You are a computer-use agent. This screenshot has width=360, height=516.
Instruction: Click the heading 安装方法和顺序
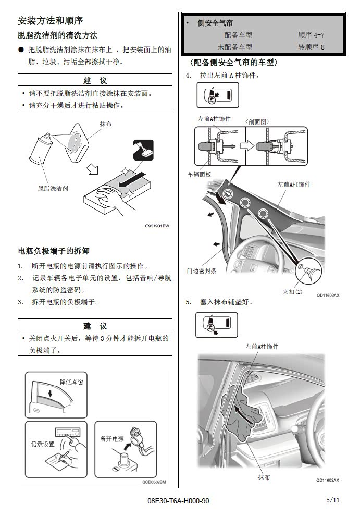(51, 21)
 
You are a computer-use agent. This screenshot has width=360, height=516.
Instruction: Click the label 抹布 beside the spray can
(106, 124)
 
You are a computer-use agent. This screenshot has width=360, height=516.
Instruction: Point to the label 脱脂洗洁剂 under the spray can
(53, 189)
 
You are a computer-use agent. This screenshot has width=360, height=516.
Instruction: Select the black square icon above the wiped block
(143, 150)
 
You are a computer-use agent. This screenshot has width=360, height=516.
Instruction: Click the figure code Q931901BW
(157, 226)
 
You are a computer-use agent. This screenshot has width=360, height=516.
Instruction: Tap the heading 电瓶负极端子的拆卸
(54, 251)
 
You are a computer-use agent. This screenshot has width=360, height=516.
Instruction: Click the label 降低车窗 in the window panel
(71, 382)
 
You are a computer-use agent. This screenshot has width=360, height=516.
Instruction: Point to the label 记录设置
(43, 444)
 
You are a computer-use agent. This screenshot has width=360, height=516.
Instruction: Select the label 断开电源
(112, 439)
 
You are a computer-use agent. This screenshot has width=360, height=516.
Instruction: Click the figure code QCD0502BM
(154, 482)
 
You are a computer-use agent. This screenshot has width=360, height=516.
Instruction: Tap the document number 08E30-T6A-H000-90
(178, 501)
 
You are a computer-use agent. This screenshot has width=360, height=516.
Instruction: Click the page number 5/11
(333, 500)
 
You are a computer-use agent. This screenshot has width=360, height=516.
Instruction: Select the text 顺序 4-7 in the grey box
(311, 35)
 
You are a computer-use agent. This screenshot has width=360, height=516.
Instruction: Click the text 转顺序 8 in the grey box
(311, 47)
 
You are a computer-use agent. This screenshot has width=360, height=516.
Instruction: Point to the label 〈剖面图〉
(257, 122)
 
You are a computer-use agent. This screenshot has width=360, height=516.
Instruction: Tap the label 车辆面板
(199, 175)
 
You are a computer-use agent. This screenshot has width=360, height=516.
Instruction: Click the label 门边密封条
(202, 271)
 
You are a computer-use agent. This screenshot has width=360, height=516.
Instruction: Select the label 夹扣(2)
(292, 291)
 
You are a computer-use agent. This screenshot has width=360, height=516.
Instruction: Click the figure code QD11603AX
(328, 480)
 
